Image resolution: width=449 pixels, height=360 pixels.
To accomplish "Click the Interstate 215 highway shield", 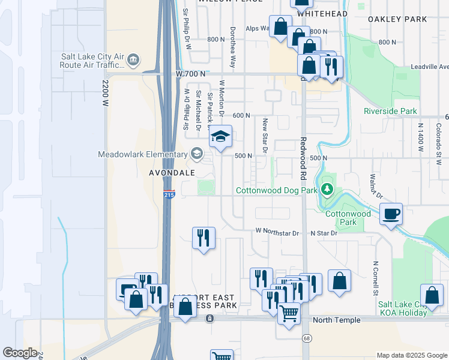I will click(x=169, y=195).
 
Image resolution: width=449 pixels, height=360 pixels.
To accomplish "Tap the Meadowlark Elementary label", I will click(x=143, y=154).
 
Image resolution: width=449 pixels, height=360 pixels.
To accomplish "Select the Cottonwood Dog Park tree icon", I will click(x=327, y=190).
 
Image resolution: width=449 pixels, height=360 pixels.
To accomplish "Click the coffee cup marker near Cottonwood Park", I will click(x=390, y=214).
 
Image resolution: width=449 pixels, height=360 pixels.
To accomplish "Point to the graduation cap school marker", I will click(x=220, y=136).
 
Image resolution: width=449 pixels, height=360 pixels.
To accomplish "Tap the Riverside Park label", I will click(x=390, y=111).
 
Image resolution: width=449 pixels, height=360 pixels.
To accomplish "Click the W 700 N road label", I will click(x=191, y=73).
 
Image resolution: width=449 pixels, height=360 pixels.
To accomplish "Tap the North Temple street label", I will click(x=337, y=320).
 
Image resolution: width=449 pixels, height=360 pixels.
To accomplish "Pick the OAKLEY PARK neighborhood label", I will click(x=397, y=19).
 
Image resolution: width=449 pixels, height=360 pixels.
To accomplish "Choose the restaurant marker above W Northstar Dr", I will click(x=203, y=238).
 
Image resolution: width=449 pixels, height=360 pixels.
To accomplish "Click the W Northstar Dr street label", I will click(x=277, y=231).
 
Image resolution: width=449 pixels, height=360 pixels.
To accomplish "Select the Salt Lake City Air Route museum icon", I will click(x=133, y=59).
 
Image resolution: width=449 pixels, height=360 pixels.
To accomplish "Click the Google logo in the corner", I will click(x=20, y=353).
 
